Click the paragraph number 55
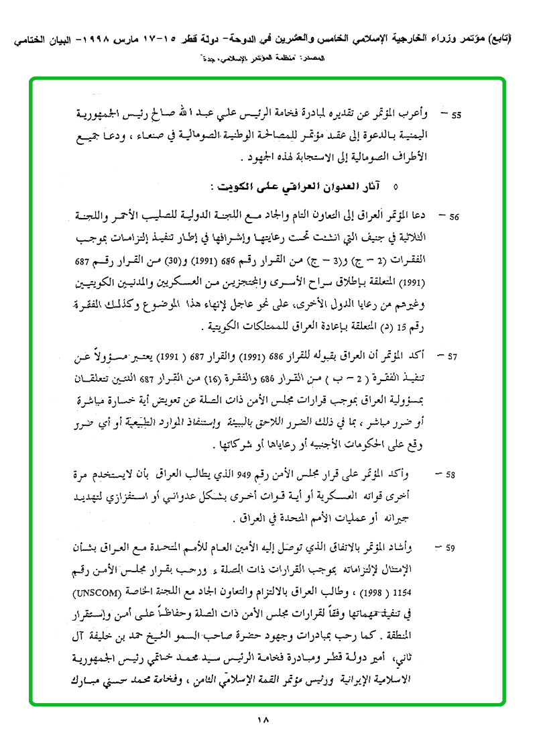pyautogui.click(x=456, y=115)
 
